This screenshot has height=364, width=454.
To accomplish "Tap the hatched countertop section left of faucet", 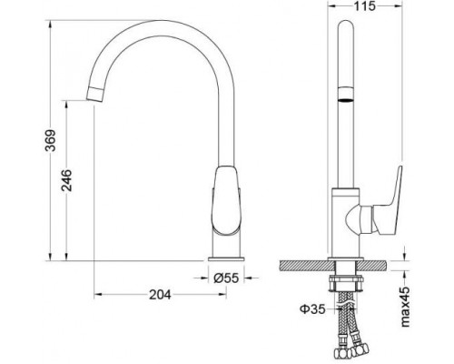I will (301, 266).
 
